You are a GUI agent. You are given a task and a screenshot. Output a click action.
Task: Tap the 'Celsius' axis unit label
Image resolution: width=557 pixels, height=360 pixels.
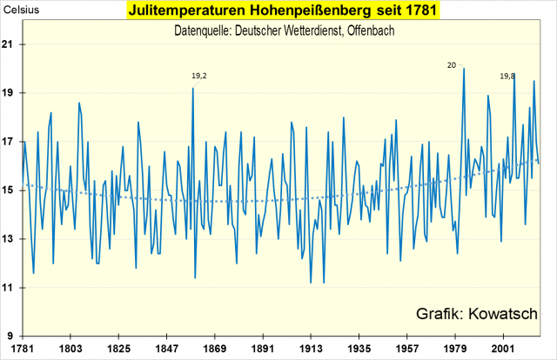pos(20,12)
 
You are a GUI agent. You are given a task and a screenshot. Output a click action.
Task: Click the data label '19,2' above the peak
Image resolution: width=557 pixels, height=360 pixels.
pos(199,77)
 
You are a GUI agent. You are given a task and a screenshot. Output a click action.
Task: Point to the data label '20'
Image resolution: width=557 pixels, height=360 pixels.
pos(452,64)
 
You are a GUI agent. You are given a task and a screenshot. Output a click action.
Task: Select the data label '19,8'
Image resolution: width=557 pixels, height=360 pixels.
pos(507,77)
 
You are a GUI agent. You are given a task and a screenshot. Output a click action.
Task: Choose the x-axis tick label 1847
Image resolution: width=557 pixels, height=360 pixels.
pos(167,345)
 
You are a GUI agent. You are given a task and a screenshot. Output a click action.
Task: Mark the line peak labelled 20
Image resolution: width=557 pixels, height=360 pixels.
pos(464,69)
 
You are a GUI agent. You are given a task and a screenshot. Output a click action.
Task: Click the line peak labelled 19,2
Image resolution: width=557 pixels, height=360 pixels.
pos(192,88)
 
